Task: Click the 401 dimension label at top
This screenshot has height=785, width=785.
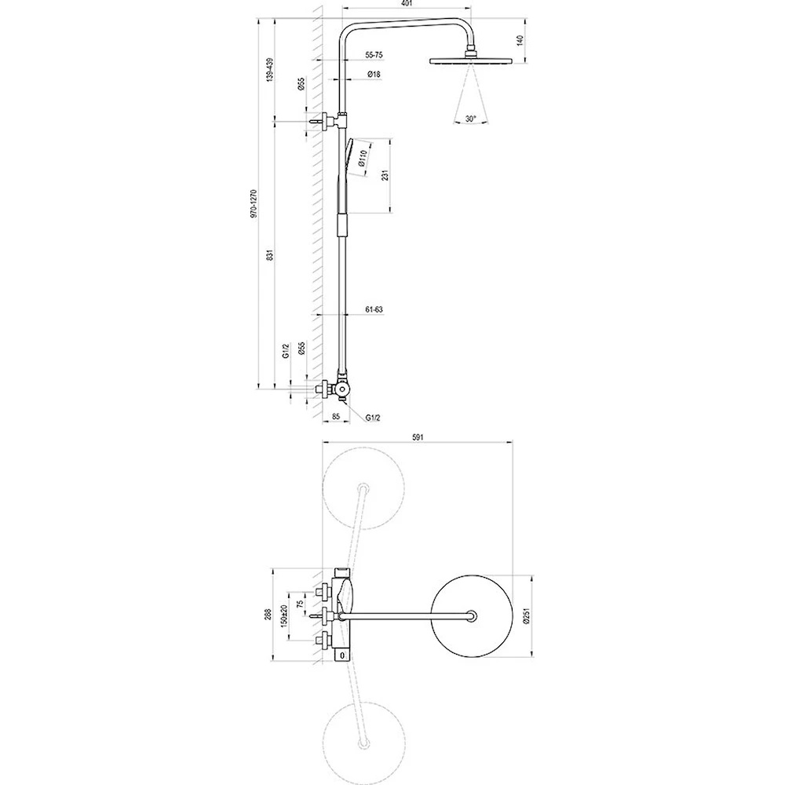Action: coord(407,3)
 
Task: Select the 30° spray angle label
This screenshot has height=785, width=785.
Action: coord(470,119)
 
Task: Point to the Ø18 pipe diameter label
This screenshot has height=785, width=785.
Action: coord(374,74)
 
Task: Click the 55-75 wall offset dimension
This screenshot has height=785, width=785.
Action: coord(374,55)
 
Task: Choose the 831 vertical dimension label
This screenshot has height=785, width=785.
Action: coord(271,255)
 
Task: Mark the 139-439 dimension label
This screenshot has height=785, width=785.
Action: coord(271,70)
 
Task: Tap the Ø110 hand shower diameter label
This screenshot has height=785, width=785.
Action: coord(363,158)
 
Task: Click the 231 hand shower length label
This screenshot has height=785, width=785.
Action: coord(385,176)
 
